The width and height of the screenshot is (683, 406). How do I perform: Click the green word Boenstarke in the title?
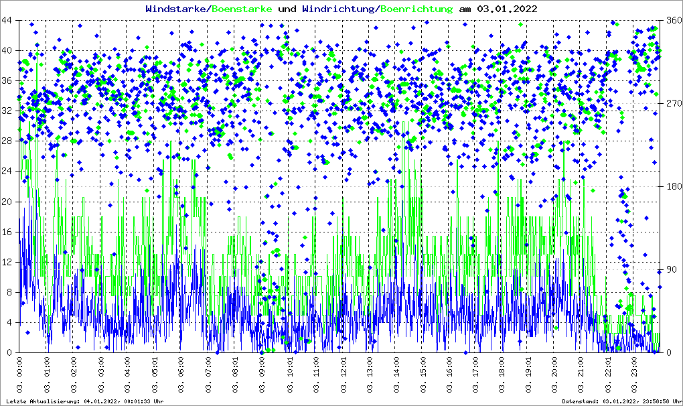click(241, 9)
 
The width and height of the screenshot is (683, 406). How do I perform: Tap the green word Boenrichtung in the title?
click(416, 9)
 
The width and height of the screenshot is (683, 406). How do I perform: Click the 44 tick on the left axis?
click(9, 21)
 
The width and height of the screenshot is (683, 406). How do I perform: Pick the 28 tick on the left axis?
click(9, 141)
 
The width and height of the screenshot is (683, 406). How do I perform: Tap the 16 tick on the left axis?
click(9, 232)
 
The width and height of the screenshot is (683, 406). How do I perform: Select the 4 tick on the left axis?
click(12, 322)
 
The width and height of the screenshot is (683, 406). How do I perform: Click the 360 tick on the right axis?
click(672, 21)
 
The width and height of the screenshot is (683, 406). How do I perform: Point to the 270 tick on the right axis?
click(672, 104)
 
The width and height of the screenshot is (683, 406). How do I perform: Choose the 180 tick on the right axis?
click(672, 187)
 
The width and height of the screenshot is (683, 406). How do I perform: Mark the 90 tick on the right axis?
click(670, 270)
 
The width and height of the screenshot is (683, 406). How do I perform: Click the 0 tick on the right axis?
click(668, 352)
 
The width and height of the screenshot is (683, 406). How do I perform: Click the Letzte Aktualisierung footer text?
click(84, 401)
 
